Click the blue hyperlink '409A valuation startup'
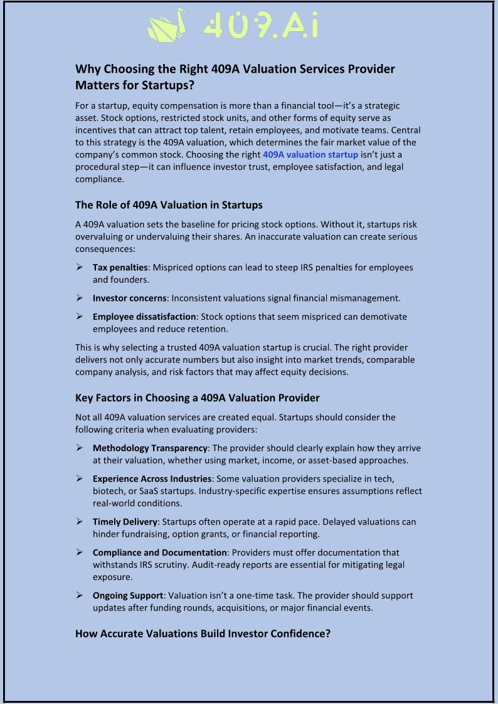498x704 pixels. click(x=310, y=154)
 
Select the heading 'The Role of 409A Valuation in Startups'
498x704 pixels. click(x=169, y=205)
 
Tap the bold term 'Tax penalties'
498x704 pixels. click(x=120, y=268)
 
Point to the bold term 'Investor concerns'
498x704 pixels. click(x=130, y=298)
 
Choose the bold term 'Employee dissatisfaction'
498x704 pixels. click(x=144, y=317)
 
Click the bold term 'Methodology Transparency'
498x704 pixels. click(x=150, y=448)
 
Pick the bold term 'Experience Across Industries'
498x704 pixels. click(x=152, y=479)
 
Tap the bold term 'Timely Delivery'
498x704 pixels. click(x=125, y=522)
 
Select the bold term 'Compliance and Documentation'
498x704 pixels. click(x=159, y=552)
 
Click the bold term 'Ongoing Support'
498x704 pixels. click(x=127, y=596)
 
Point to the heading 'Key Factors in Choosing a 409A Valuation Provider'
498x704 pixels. click(x=198, y=398)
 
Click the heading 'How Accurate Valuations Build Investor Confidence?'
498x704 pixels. click(x=203, y=634)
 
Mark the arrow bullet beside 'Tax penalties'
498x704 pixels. click(x=80, y=268)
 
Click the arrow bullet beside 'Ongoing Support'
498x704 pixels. click(x=80, y=596)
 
